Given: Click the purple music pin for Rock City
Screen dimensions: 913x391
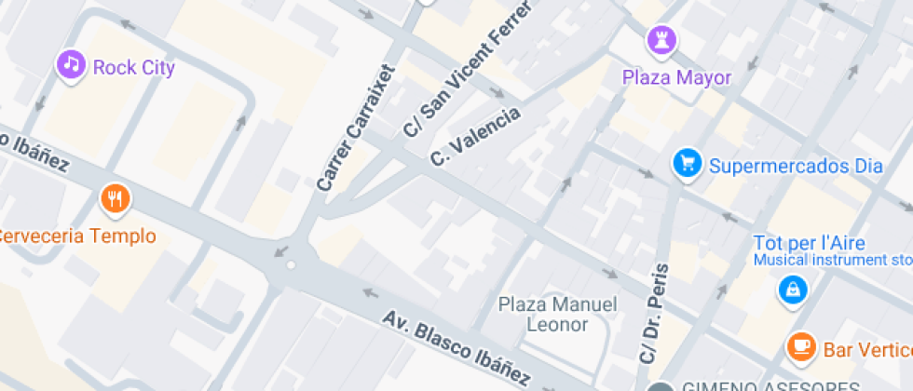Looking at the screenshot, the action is [x=71, y=65].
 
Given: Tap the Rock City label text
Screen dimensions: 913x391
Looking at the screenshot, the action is [x=133, y=67].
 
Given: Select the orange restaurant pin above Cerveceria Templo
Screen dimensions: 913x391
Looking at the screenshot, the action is [x=115, y=197].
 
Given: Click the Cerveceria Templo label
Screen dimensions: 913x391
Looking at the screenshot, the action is [x=76, y=236].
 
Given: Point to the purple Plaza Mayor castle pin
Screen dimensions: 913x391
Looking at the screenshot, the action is [x=662, y=40].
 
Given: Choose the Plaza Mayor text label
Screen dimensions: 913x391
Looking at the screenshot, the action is [x=676, y=77].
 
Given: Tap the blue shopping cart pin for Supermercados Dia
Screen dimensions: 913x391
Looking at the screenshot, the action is [x=688, y=165].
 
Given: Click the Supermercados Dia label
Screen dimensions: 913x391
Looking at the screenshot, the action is [x=795, y=167].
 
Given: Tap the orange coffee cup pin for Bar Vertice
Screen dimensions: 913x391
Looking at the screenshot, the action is [x=799, y=347].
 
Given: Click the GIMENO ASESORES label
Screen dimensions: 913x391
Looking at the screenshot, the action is [x=770, y=385].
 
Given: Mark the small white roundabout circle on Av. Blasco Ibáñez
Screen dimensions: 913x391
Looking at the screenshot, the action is [x=292, y=265].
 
